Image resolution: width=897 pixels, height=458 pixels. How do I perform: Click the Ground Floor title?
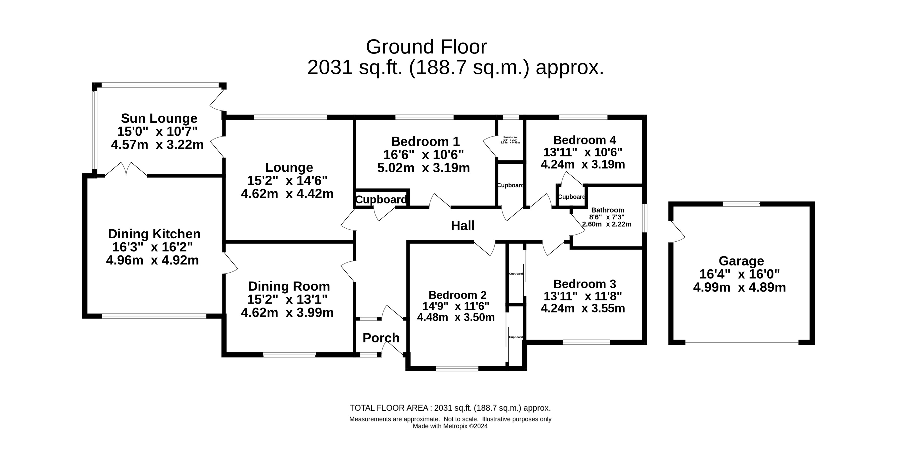426,47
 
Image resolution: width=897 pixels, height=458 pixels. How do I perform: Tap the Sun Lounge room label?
159,118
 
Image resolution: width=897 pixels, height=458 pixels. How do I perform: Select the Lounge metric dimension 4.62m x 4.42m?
287,194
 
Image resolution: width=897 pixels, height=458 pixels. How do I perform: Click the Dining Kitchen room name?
154,234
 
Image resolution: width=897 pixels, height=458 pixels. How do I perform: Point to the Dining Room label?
289,286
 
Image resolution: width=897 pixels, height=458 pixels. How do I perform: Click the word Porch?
381,338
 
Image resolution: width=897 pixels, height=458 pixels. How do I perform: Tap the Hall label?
463,226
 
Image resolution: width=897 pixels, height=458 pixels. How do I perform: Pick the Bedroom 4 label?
585,140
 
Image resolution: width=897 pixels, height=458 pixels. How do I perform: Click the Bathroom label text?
608,210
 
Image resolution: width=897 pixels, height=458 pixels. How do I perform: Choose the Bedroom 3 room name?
585,284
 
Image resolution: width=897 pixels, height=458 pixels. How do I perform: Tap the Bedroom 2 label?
457,295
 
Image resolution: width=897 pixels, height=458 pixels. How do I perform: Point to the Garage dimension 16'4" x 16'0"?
740,274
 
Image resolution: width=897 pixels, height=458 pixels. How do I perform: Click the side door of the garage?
678,231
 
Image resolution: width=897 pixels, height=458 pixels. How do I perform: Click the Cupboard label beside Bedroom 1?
381,200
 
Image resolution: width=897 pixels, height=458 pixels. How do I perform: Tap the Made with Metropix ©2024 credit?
450,426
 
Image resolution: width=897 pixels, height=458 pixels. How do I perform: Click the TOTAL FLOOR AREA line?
450,408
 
